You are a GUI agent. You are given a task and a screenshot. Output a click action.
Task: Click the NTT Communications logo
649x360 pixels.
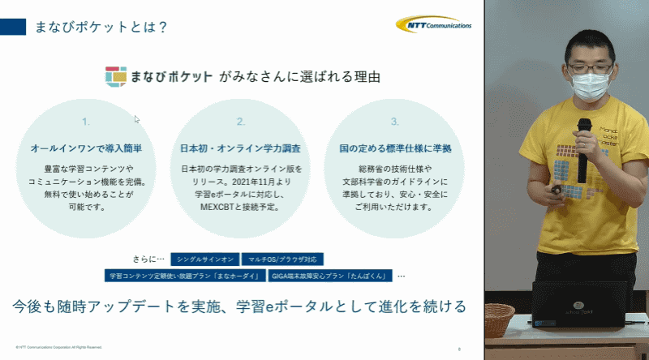(434, 25)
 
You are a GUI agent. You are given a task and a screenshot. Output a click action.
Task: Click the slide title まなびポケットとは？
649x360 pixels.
(101, 27)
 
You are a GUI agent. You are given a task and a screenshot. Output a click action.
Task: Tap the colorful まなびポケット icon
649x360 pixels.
(116, 76)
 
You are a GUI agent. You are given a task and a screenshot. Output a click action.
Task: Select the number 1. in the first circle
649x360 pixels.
(86, 122)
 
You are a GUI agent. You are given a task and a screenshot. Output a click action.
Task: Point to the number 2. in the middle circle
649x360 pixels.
(240, 122)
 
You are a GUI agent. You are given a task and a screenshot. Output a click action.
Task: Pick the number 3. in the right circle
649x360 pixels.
(394, 122)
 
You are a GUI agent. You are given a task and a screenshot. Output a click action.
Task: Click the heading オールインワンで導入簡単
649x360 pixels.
(86, 149)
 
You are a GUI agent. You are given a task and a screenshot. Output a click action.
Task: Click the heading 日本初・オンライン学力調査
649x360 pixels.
(240, 149)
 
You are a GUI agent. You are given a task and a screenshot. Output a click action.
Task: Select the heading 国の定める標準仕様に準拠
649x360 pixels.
(394, 149)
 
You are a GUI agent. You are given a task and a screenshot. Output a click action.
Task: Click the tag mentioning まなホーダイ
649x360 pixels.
(185, 276)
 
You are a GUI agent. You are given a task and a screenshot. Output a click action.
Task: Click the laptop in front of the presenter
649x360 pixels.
(578, 303)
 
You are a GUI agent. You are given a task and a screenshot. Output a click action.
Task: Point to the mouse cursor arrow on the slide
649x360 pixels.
(137, 119)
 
